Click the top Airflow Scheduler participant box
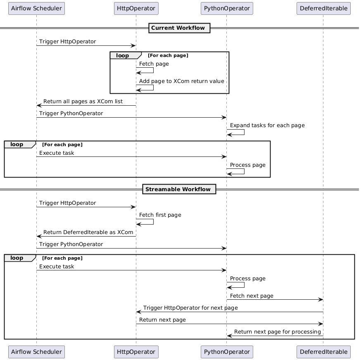click(x=36, y=9)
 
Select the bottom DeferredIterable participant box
click(x=323, y=352)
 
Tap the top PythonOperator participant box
click(x=227, y=9)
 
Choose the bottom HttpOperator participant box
click(x=136, y=352)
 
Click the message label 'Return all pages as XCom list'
click(x=83, y=101)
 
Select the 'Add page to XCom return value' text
click(x=181, y=81)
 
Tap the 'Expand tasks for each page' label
click(x=267, y=125)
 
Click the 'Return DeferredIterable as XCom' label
click(x=88, y=232)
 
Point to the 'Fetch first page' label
click(x=160, y=215)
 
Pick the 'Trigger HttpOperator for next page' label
click(x=190, y=308)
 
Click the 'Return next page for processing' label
click(x=278, y=332)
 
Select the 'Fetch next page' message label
click(x=252, y=296)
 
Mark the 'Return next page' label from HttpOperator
click(x=162, y=320)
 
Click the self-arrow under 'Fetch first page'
click(x=153, y=221)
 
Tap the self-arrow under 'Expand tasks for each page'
click(x=244, y=132)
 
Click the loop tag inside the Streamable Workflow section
click(x=20, y=258)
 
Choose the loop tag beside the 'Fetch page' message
click(x=126, y=55)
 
